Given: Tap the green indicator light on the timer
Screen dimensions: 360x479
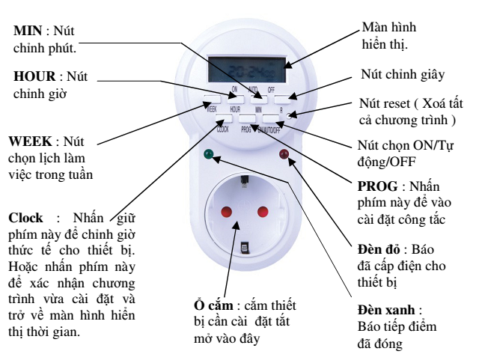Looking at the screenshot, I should point(209,156).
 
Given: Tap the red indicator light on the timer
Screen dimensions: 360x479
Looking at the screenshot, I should point(284,156).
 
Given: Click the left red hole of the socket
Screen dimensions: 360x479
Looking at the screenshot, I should point(225,212).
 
